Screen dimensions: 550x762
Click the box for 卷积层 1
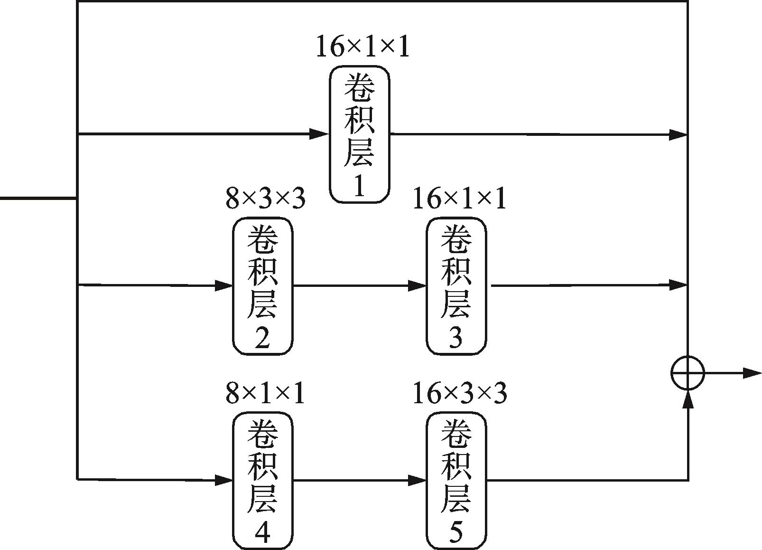(360, 134)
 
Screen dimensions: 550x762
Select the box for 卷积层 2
(263, 286)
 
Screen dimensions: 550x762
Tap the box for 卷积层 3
(456, 286)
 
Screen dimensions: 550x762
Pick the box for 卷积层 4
(263, 481)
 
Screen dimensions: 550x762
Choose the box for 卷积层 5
(456, 481)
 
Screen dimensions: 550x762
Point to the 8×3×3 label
(265, 199)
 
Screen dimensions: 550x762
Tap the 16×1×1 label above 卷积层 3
(459, 199)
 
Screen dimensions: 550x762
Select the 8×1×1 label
(265, 393)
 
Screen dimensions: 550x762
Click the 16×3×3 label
(459, 393)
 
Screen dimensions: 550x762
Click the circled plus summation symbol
(688, 373)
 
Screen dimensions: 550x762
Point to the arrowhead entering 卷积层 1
(320, 134)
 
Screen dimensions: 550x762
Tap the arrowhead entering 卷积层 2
(224, 286)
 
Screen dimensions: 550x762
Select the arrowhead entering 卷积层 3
(418, 286)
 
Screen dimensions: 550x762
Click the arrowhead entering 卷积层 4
(224, 480)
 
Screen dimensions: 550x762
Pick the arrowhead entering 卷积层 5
(418, 481)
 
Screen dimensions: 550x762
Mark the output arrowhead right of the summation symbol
(752, 373)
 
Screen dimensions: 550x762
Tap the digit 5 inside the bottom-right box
(455, 533)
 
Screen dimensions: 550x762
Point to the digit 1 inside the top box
(359, 187)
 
